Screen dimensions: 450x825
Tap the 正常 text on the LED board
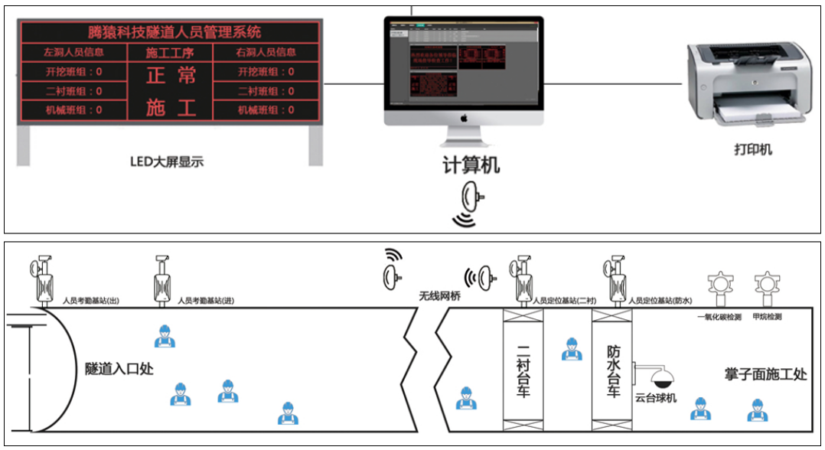pyautogui.click(x=170, y=75)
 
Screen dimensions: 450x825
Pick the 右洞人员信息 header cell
pyautogui.click(x=266, y=53)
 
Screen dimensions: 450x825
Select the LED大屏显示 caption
pyautogui.click(x=167, y=161)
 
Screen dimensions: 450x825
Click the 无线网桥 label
pyautogui.click(x=439, y=296)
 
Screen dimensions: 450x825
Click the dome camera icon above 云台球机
pyautogui.click(x=660, y=377)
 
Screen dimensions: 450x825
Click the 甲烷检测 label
pyautogui.click(x=767, y=316)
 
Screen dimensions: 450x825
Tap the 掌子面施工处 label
pyautogui.click(x=765, y=374)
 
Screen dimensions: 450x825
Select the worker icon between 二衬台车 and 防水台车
pyautogui.click(x=569, y=350)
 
